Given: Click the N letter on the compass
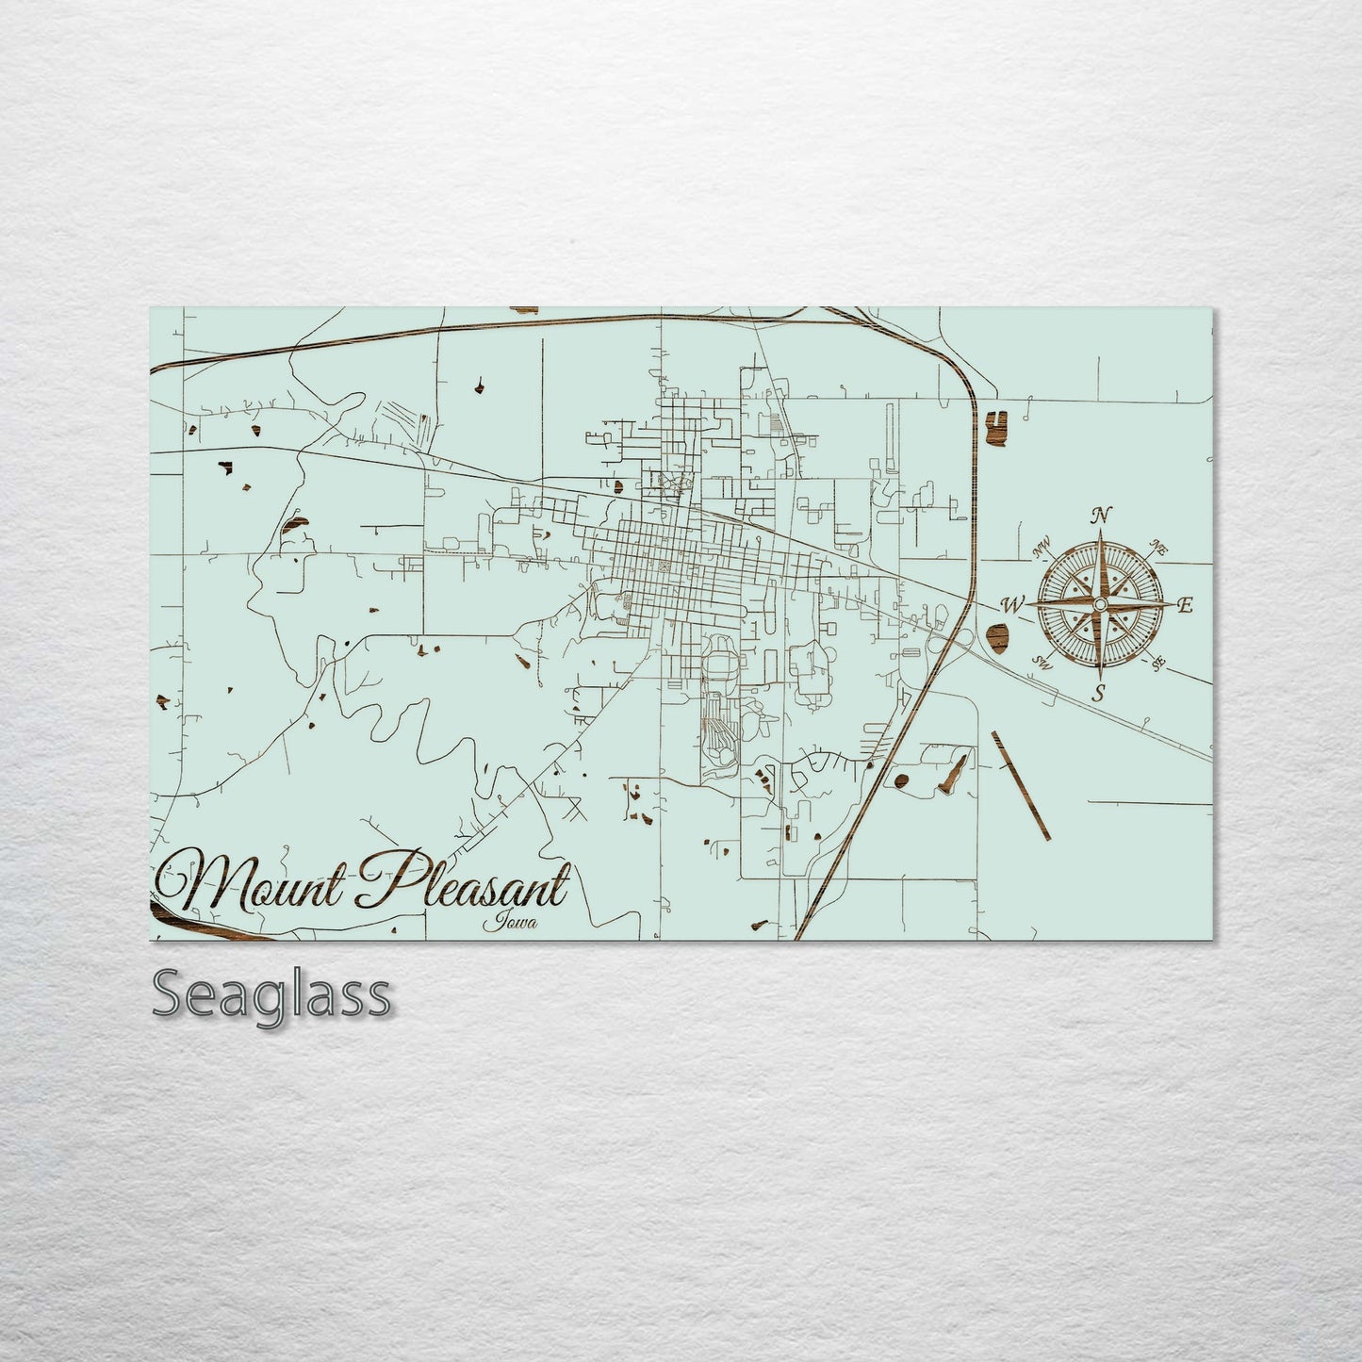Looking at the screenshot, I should click(1099, 516).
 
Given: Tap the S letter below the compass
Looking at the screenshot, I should click(1098, 694).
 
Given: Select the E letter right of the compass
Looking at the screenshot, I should click(1187, 605).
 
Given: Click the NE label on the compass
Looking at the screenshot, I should click(1159, 547).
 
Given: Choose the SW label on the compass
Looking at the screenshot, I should click(1042, 663).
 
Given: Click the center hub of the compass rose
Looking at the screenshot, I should click(1099, 603).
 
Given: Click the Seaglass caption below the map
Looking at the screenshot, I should click(271, 994).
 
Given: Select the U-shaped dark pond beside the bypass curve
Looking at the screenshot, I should click(995, 427).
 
